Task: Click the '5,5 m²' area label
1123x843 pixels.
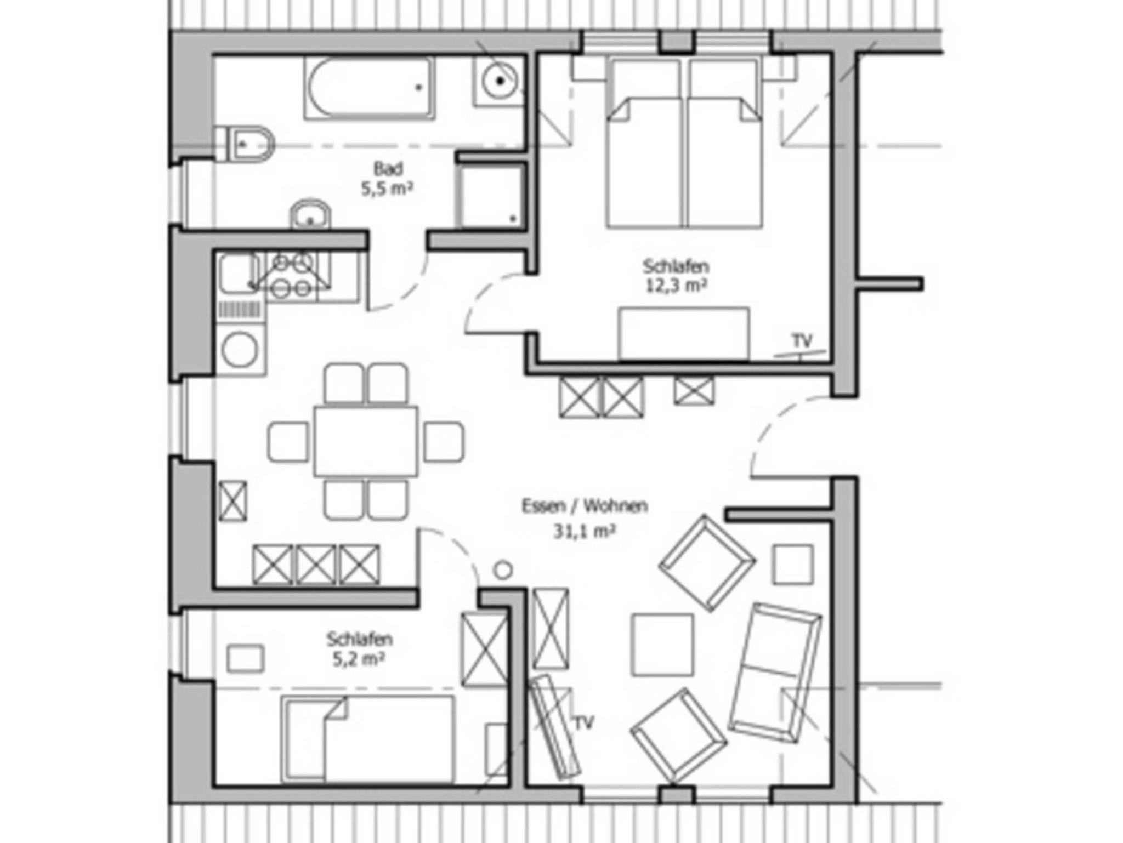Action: [x=387, y=189]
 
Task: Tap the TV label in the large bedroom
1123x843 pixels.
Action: [x=802, y=340]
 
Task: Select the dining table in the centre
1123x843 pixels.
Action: [x=366, y=441]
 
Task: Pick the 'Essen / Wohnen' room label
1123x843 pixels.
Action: [x=585, y=506]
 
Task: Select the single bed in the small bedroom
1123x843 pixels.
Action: [x=368, y=739]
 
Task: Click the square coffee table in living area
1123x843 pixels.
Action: [x=662, y=645]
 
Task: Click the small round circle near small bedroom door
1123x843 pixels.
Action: [x=502, y=570]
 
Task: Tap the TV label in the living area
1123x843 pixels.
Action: [x=585, y=724]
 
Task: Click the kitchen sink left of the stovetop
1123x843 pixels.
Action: [x=239, y=274]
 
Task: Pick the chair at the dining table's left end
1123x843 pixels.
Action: [x=288, y=441]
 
